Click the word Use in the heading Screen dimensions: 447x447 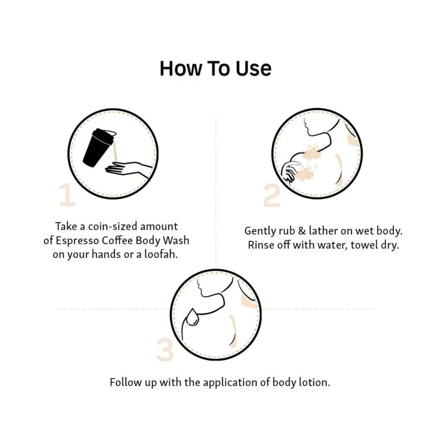click(253, 69)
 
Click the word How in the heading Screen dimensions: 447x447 click(180, 69)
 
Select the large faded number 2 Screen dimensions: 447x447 click(272, 196)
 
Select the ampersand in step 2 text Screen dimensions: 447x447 click(302, 231)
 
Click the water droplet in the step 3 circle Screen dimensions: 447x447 click(193, 316)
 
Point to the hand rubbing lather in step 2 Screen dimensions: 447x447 click(290, 171)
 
